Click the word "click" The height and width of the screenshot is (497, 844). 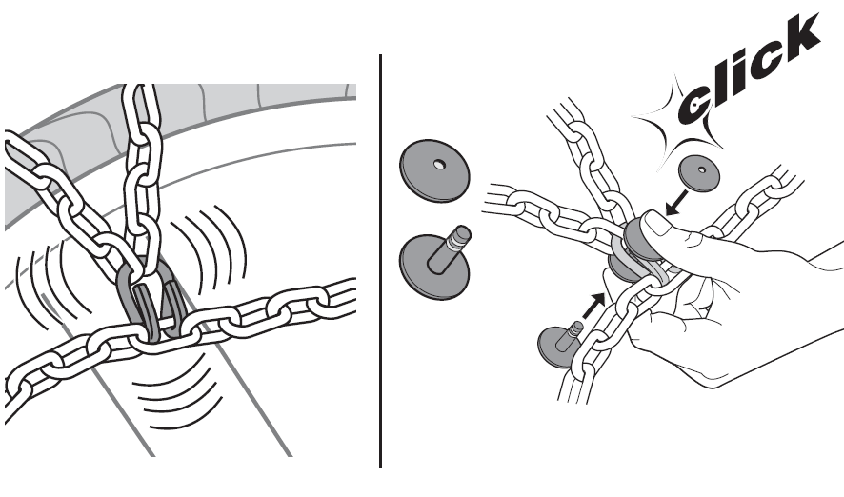point(748,70)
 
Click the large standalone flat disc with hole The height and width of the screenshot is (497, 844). point(434,171)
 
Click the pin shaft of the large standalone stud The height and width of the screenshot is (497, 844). point(452,247)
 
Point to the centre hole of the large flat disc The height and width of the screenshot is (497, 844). point(440,164)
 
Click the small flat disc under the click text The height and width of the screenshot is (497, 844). point(699,173)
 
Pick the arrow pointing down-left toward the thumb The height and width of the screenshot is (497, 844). point(676,203)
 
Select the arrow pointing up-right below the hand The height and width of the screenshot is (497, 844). point(594,306)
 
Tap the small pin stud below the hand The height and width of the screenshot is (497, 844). point(557,345)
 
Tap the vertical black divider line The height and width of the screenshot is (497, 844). point(380,261)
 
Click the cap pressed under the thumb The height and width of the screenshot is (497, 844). point(638,237)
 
